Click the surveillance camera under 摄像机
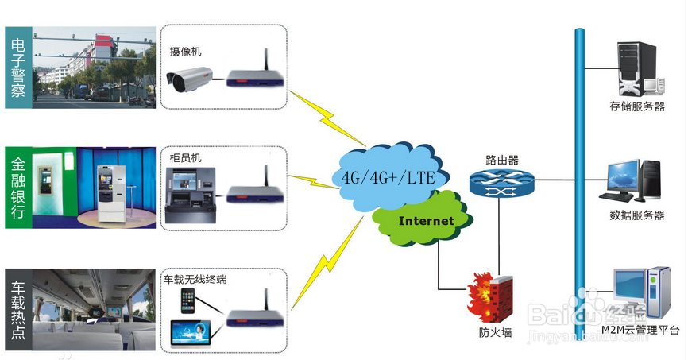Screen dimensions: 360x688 coord(191,76)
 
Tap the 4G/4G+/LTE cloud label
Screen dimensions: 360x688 coord(388,176)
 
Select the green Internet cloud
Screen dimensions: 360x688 coord(425,220)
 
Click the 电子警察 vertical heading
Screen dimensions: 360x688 coord(18,68)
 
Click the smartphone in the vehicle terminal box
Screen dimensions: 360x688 coord(188,302)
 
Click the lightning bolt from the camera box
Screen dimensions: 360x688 coord(327,118)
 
